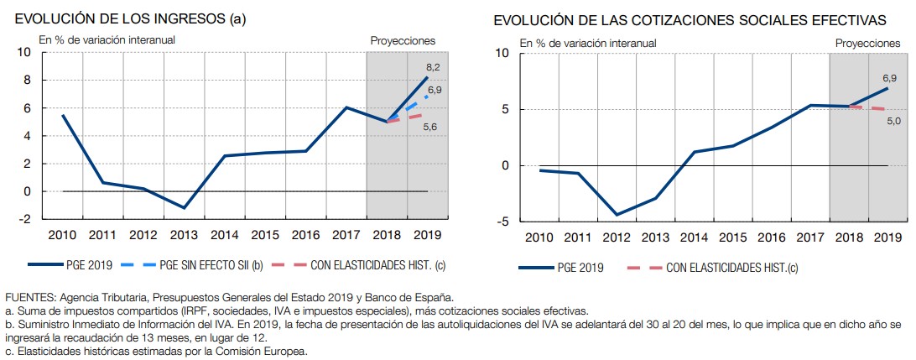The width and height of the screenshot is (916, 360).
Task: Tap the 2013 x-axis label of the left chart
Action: tap(185, 234)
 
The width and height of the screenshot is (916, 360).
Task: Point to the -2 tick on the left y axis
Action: tap(25, 219)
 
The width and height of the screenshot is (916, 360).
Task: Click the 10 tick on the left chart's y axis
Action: tap(24, 53)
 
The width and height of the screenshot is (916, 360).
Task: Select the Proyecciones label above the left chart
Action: tap(403, 39)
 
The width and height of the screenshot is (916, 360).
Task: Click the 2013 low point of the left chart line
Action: tap(185, 207)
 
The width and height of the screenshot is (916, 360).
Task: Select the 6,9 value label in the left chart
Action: tap(435, 89)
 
